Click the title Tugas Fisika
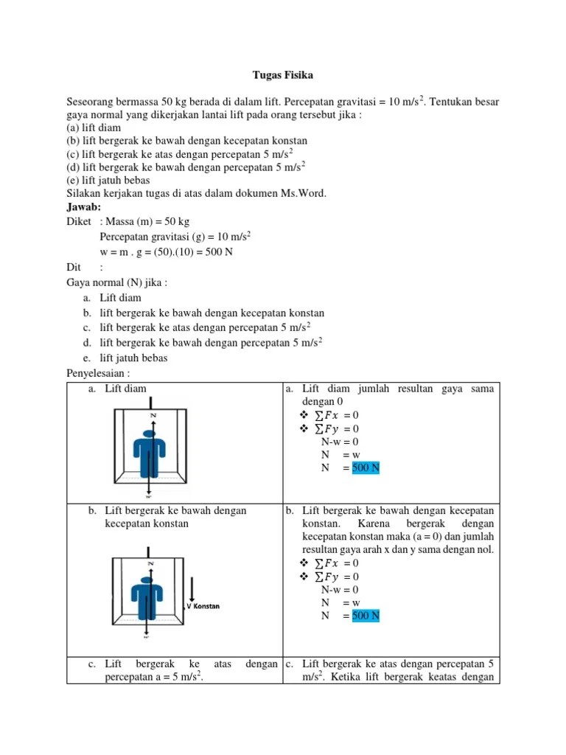click(x=283, y=74)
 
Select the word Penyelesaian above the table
click(x=96, y=372)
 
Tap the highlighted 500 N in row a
click(x=366, y=468)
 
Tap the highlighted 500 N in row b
click(x=366, y=616)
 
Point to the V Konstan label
click(x=203, y=606)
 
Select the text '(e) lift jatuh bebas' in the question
click(x=108, y=180)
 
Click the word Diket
click(x=79, y=221)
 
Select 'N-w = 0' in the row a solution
click(x=340, y=442)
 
